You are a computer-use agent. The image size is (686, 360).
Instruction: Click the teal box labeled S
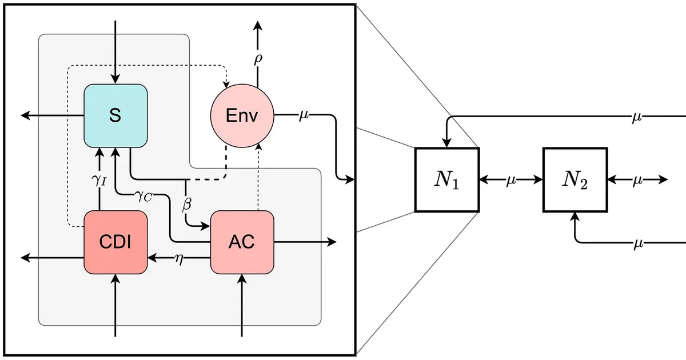(115, 115)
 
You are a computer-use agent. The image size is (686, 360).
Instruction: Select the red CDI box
(115, 242)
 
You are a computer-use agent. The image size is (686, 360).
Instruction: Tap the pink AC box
(242, 242)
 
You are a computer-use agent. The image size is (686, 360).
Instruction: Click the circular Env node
(242, 115)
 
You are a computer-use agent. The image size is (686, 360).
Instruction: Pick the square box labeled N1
(447, 179)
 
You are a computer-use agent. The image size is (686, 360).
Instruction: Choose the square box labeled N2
(575, 179)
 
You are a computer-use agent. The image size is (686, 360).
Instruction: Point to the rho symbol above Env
(258, 59)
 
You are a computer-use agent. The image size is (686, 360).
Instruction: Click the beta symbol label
(186, 204)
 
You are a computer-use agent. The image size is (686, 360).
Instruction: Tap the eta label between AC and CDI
(179, 259)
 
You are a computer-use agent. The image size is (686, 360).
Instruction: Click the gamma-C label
(143, 196)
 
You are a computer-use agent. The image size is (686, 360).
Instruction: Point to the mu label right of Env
(304, 115)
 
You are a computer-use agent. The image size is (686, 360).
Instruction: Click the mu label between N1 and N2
(511, 181)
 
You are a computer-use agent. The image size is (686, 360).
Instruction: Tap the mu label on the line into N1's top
(637, 117)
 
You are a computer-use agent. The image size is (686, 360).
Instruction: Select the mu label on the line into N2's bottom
(638, 244)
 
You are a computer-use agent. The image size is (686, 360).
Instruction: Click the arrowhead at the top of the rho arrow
(258, 25)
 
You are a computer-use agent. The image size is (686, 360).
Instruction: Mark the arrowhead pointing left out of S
(25, 115)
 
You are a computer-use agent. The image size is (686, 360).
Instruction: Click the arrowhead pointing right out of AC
(332, 242)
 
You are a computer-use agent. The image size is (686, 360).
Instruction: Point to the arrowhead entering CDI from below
(115, 279)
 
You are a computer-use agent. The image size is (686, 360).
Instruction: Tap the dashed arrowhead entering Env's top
(226, 83)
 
